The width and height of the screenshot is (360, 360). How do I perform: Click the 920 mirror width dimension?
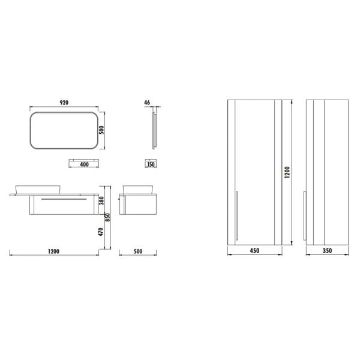(x=64, y=103)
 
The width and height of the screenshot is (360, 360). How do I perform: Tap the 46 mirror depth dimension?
(x=147, y=103)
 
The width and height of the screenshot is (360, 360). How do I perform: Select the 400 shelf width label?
(x=84, y=164)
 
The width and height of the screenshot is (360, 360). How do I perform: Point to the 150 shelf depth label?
(x=151, y=164)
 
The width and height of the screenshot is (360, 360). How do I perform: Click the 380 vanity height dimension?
(x=101, y=200)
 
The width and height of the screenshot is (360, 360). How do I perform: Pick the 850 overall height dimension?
(x=107, y=217)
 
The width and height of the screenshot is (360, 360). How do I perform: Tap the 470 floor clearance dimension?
(x=101, y=232)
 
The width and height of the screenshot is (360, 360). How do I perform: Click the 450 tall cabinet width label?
(x=254, y=250)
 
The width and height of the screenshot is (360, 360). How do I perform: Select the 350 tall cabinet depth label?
(x=327, y=250)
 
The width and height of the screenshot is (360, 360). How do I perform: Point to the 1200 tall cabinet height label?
(x=287, y=172)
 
